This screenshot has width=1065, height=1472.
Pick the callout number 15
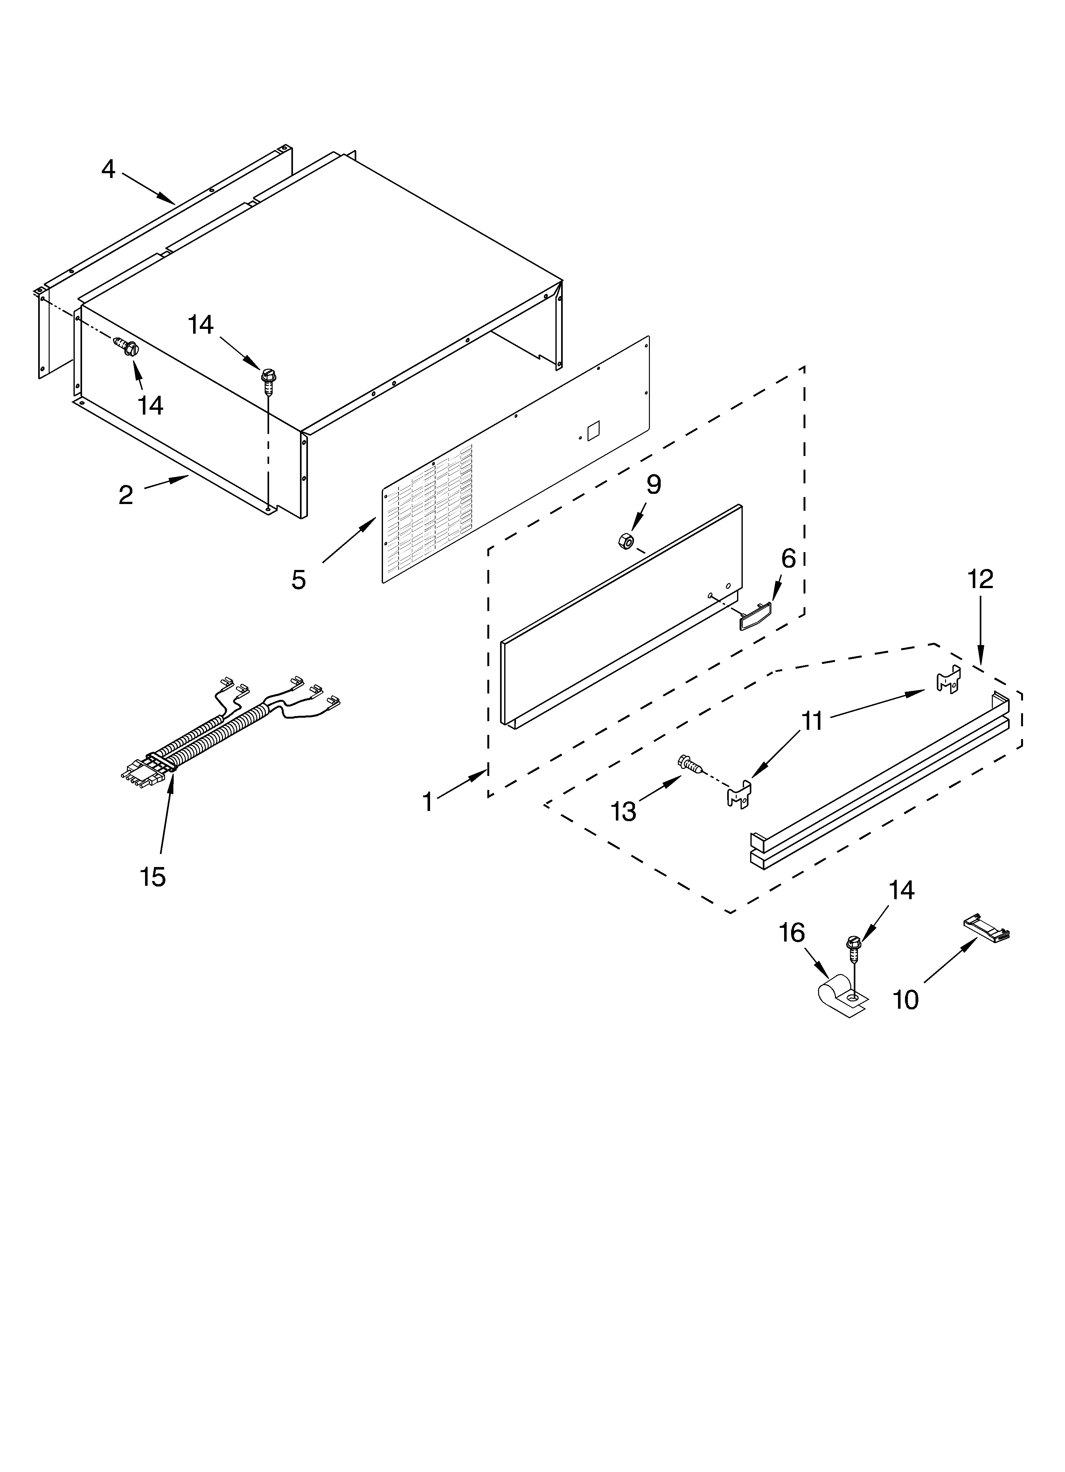pyautogui.click(x=153, y=877)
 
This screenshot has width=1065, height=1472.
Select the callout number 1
pyautogui.click(x=428, y=802)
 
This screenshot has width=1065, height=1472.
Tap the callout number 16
pyautogui.click(x=791, y=933)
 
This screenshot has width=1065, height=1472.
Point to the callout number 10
pyautogui.click(x=905, y=1000)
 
